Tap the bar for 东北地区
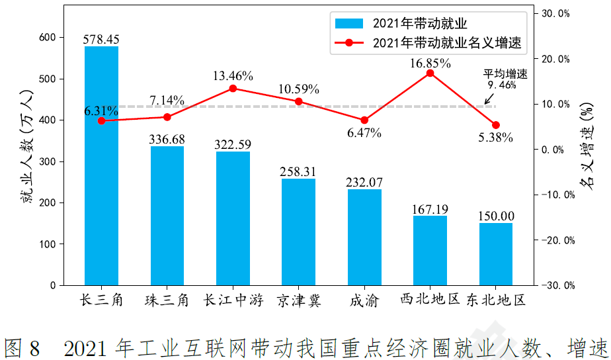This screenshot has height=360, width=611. pos(496,254)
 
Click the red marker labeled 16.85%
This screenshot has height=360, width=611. pos(430,73)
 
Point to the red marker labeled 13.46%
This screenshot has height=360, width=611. pos(233,88)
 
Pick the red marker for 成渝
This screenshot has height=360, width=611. pos(364,120)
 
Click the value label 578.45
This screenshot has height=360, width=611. pos(101,40)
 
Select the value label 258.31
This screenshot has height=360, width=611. pos(298,171)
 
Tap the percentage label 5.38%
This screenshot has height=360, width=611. pos(495,138)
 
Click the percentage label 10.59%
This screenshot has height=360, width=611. pos(300,89)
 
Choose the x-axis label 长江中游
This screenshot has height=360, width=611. pos(233,301)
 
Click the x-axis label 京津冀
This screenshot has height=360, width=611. pos(299,301)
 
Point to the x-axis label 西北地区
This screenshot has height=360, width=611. pos(430,300)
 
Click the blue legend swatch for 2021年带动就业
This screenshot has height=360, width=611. pos(349,24)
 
